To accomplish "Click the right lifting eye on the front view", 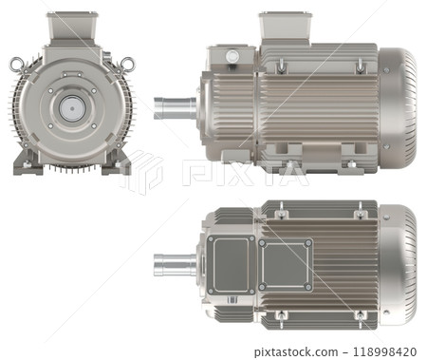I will click(127, 65).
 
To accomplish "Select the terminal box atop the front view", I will click(72, 28).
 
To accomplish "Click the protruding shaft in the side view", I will click(173, 107).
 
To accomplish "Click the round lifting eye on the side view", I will click(232, 57).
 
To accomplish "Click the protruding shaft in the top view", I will click(173, 263).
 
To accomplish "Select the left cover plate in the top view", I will click(230, 265).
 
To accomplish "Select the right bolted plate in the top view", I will click(285, 265).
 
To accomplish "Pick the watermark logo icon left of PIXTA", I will click(144, 171).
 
